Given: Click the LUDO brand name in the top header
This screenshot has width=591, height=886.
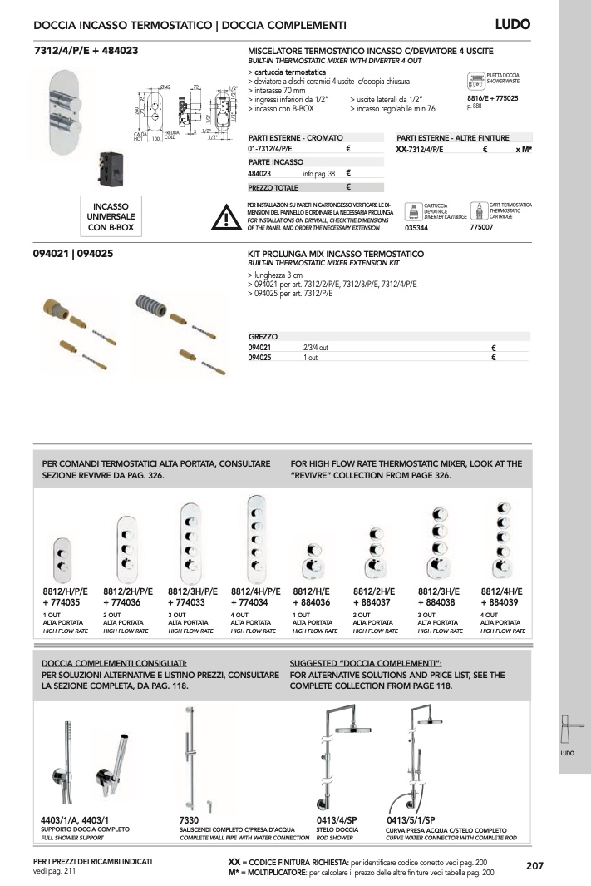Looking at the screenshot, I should point(512,25).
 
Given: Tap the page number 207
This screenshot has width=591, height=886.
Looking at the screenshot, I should point(534,865).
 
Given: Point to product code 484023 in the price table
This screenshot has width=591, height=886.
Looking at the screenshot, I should point(260,174).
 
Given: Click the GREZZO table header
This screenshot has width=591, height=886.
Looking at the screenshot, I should point(263,337).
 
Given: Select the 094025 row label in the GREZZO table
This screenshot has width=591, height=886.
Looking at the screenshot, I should point(260,357).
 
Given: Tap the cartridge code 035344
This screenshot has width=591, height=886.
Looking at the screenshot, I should point(417,227).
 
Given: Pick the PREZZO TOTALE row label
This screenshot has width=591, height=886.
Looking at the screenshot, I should point(273,187).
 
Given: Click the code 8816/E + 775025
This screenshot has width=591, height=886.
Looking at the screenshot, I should point(493,98).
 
